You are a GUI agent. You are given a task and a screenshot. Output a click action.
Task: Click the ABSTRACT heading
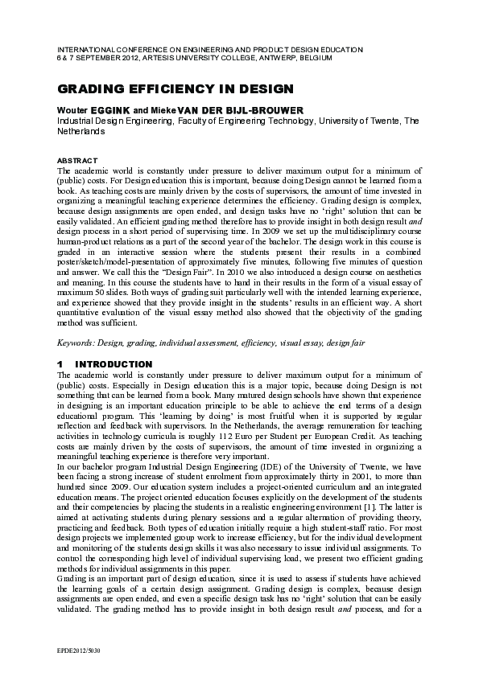click(x=78, y=161)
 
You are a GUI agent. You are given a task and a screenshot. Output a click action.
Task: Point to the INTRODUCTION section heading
click(x=118, y=364)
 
